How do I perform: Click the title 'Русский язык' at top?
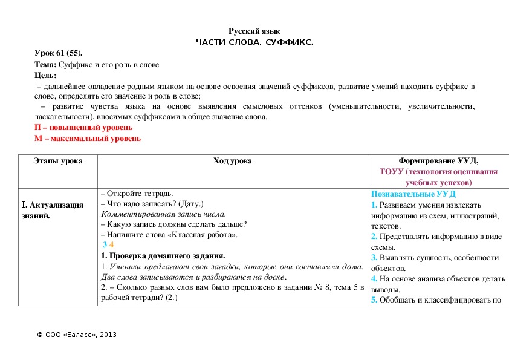pos(254,31)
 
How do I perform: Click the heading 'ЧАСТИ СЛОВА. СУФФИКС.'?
pos(254,42)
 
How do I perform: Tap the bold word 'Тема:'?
pos(46,64)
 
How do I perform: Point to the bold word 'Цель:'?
pos(46,75)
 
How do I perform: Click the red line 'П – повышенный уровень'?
pos(83,128)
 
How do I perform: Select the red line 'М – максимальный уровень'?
pos(88,139)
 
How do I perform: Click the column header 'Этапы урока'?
pos(58,161)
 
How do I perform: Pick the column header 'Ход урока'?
pos(233,161)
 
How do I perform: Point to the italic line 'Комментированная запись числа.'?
pos(163,214)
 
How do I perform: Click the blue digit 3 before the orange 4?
pos(105,244)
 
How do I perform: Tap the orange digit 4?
pos(111,244)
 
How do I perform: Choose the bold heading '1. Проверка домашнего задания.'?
pos(163,255)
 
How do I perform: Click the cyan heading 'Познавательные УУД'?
pos(413,194)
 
